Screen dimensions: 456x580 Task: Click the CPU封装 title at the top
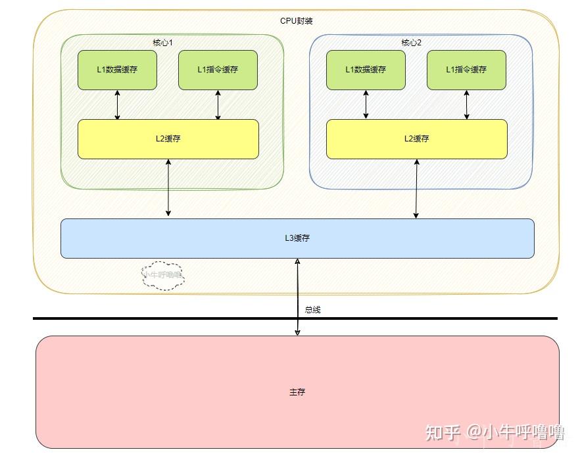pos(296,21)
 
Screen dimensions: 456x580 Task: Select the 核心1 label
pos(162,43)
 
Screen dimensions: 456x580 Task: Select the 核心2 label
pos(411,43)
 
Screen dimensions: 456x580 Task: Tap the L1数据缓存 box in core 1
pos(117,70)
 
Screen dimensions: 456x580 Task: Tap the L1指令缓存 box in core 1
pos(218,70)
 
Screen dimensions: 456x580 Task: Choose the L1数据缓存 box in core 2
pos(366,70)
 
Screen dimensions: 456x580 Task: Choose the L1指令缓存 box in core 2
pos(466,70)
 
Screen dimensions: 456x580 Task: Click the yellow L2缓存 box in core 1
pos(168,139)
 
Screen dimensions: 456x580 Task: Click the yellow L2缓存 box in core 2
pos(416,139)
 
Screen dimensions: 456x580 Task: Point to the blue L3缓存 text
pos(297,238)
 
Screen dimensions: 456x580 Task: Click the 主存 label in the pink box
pos(297,392)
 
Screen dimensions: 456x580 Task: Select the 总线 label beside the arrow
pos(313,309)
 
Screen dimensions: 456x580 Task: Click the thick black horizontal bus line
pos(164,318)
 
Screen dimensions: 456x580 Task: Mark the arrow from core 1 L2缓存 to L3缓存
pos(168,188)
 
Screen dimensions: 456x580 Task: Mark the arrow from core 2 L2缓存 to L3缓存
pos(416,189)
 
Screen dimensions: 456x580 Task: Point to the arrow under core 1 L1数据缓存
pos(118,105)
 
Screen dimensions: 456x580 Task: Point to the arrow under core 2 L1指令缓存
pos(467,105)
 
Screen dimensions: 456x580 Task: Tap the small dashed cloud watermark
pos(163,276)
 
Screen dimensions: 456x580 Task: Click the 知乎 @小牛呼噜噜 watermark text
pos(495,432)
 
